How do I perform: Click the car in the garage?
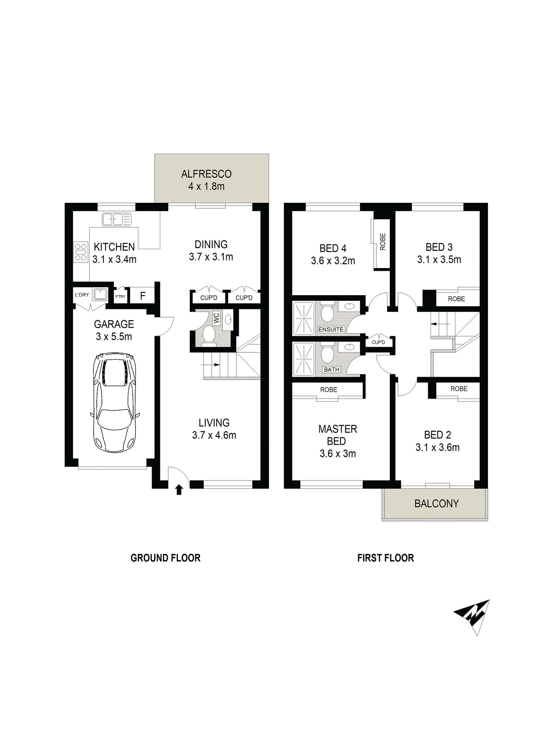[x=115, y=403]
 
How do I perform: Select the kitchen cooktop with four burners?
[x=80, y=253]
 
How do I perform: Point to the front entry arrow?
[x=178, y=489]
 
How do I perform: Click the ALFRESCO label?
[x=206, y=174]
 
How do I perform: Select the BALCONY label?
[x=436, y=503]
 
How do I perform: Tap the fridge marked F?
[x=143, y=295]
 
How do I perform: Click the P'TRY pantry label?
[x=120, y=297]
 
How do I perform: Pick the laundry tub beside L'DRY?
[x=100, y=294]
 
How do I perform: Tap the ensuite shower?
[x=304, y=318]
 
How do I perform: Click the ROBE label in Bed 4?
[x=383, y=242]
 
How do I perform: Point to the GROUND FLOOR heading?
[x=165, y=558]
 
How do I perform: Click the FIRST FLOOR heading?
[x=385, y=558]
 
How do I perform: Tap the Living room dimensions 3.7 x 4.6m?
[x=214, y=435]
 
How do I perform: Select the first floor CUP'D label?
[x=378, y=342]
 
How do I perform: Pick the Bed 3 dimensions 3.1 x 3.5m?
[x=439, y=259]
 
